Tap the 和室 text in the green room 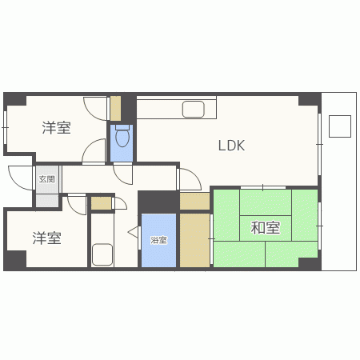click(265, 228)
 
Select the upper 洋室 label click(56, 126)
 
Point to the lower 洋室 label click(47, 238)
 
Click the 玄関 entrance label click(46, 179)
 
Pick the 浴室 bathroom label click(158, 239)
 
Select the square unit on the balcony click(340, 126)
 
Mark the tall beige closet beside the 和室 click(194, 239)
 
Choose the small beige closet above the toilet click(116, 108)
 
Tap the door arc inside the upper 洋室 click(95, 150)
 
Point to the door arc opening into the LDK click(190, 179)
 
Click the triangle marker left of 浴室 click(134, 233)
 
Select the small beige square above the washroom click(101, 203)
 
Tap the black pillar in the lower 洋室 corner click(16, 260)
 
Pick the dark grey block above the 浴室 click(158, 201)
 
